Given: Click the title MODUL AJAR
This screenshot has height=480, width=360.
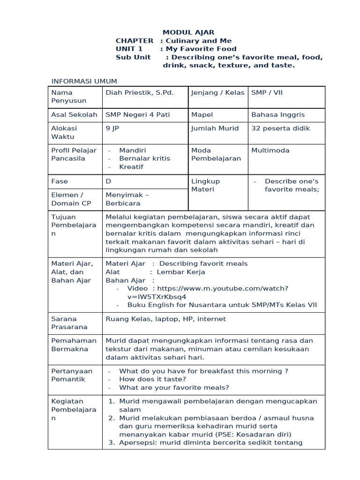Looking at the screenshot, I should (188, 32).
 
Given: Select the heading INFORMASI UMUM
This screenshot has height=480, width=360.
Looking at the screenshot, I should (84, 82).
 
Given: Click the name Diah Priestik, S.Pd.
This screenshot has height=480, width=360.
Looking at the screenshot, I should (140, 92).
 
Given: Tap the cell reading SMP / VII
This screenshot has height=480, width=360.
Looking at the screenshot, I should (267, 92).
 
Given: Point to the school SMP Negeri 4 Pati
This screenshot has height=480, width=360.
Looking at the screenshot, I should (137, 114).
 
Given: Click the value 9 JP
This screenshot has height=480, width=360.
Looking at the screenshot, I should (113, 128).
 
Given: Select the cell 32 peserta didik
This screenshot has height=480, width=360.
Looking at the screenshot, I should (280, 128).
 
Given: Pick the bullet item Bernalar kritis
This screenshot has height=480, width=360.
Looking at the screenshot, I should (144, 158).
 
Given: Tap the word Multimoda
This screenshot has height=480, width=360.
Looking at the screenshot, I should (270, 150).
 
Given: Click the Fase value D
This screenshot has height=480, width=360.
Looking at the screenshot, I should (108, 181).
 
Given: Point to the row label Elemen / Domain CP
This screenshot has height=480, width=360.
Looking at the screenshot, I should (71, 199).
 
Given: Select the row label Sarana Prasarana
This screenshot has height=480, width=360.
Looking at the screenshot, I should (70, 323).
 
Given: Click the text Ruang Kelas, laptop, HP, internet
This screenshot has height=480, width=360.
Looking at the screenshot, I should (165, 319).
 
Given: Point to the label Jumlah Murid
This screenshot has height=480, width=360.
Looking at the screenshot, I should (215, 128).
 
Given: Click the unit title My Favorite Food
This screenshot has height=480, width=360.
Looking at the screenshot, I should (201, 49).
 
